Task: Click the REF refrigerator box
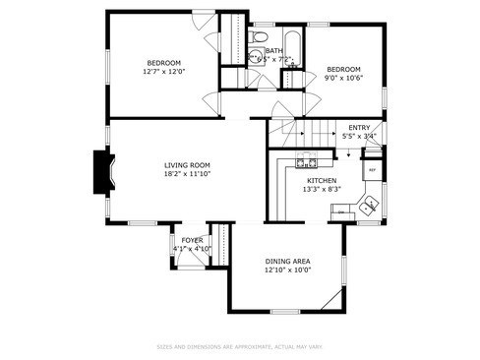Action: (371, 170)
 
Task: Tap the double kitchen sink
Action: (368, 207)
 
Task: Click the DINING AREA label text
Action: (287, 261)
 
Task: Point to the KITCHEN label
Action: (322, 181)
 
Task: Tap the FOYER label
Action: (191, 240)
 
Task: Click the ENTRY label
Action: (358, 128)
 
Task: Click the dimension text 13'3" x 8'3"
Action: (322, 190)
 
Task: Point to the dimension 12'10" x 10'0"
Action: (287, 270)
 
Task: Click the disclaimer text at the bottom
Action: (239, 346)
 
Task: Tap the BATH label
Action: (273, 50)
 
